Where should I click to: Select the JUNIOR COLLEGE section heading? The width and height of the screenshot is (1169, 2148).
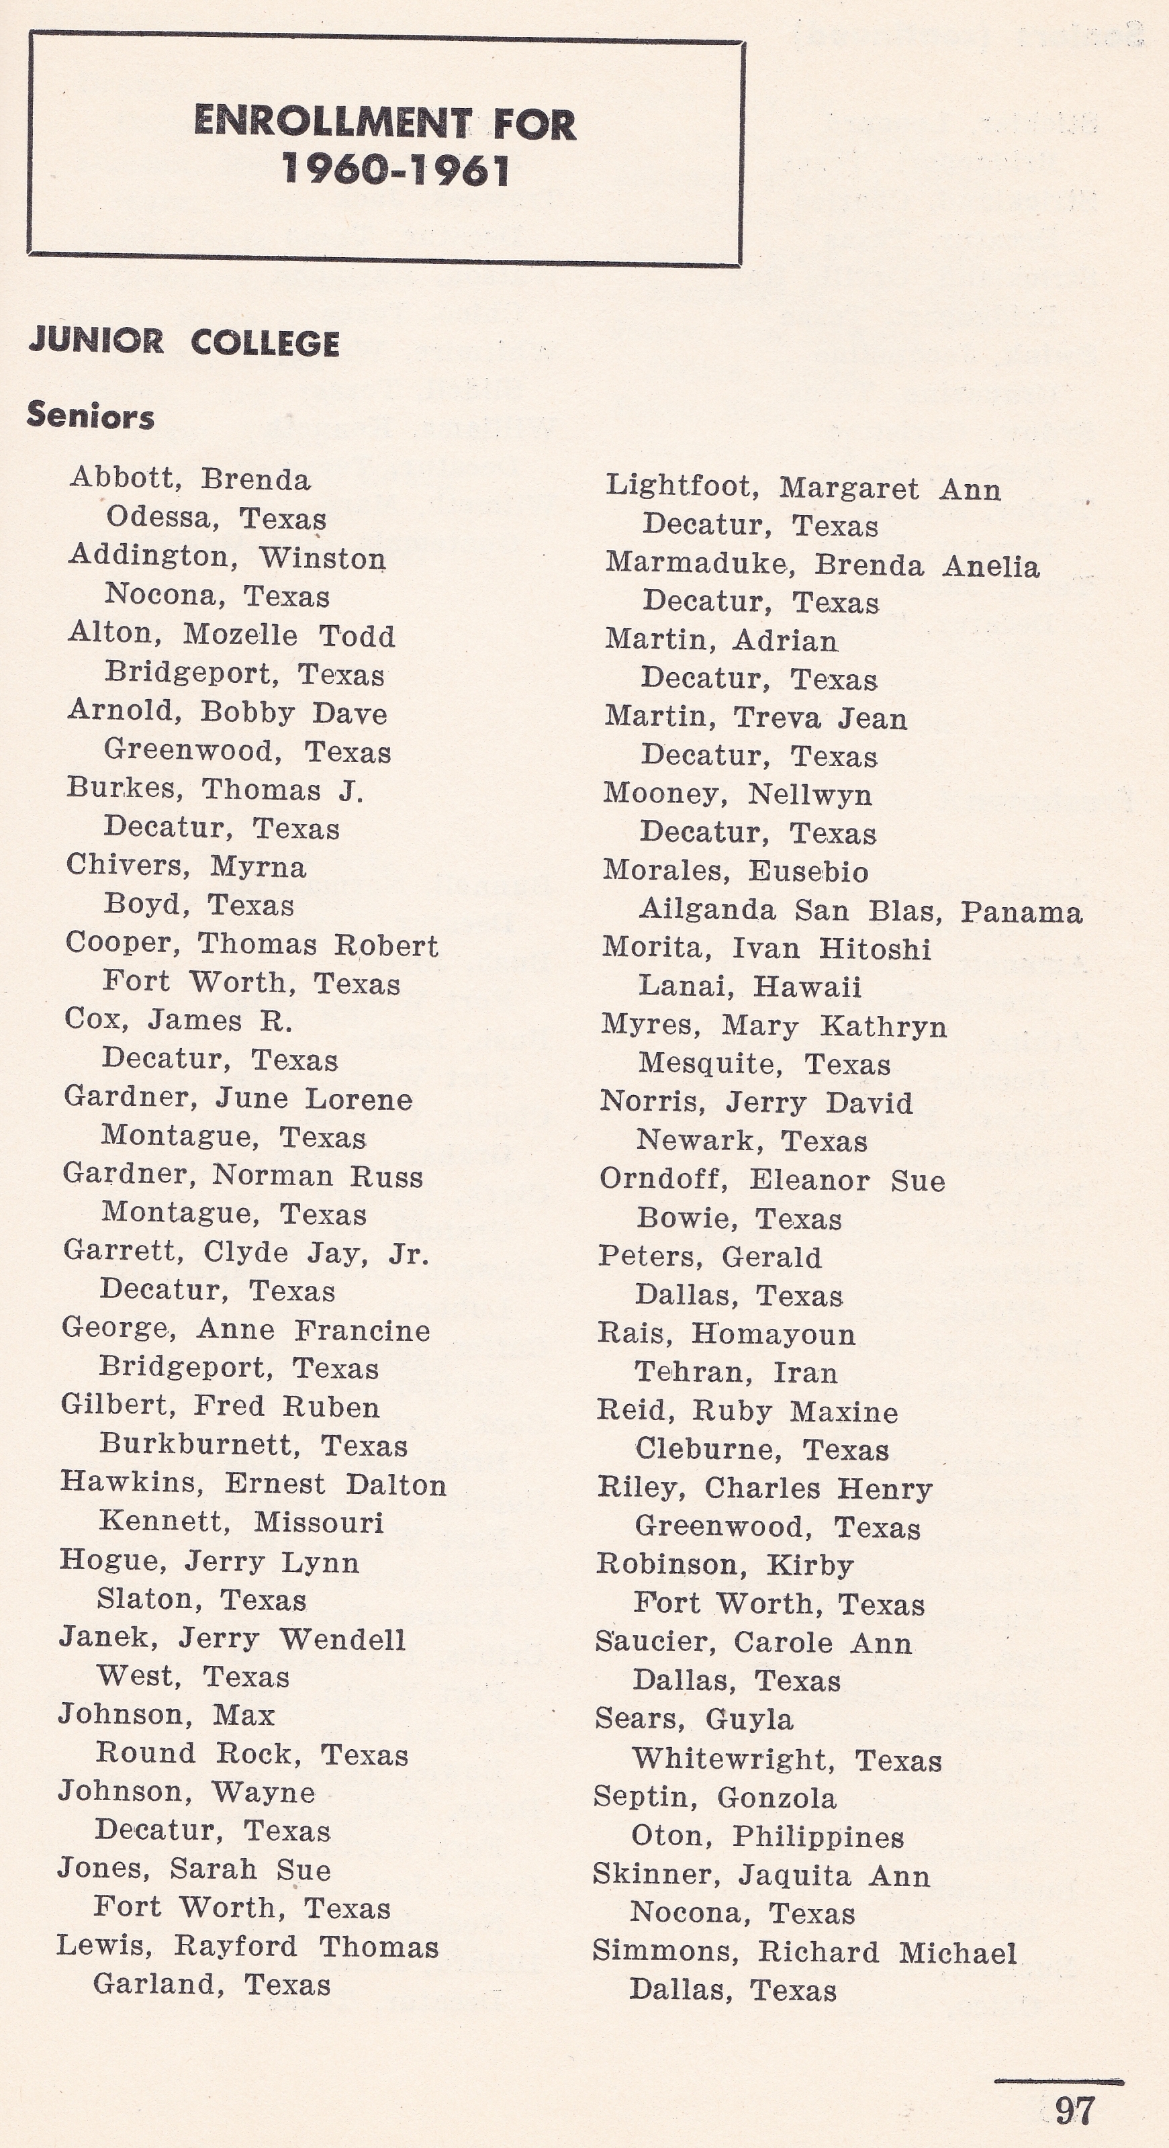coord(183,342)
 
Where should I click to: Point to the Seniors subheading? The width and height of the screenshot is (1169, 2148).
coord(90,415)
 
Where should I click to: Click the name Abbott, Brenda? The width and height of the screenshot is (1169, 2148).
coord(190,479)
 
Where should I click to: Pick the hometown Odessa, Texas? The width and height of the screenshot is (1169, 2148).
coord(215,518)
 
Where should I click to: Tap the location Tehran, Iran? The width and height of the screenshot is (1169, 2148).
coord(735,1372)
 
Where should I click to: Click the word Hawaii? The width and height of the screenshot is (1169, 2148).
coord(806,987)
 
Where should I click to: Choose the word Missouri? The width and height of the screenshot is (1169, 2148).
coord(318,1523)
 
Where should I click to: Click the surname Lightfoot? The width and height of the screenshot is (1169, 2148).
coord(680,485)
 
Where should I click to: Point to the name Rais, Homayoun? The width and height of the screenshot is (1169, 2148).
coord(725,1334)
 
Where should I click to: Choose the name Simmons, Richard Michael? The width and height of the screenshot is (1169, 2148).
coord(804,1952)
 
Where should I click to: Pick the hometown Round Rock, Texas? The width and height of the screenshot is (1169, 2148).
coord(252,1754)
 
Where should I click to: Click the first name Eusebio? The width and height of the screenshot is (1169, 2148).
coord(807,872)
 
